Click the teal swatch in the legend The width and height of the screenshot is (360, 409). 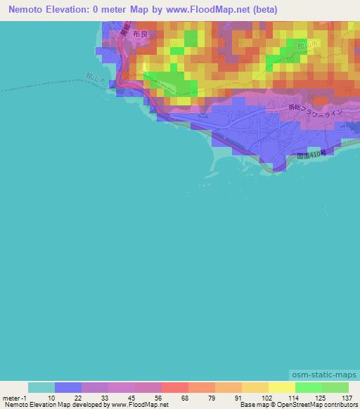tap(41, 387)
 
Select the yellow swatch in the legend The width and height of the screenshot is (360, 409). tap(282, 387)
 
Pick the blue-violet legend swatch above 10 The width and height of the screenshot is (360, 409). tap(68, 387)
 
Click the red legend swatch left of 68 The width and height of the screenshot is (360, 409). tap(175, 387)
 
